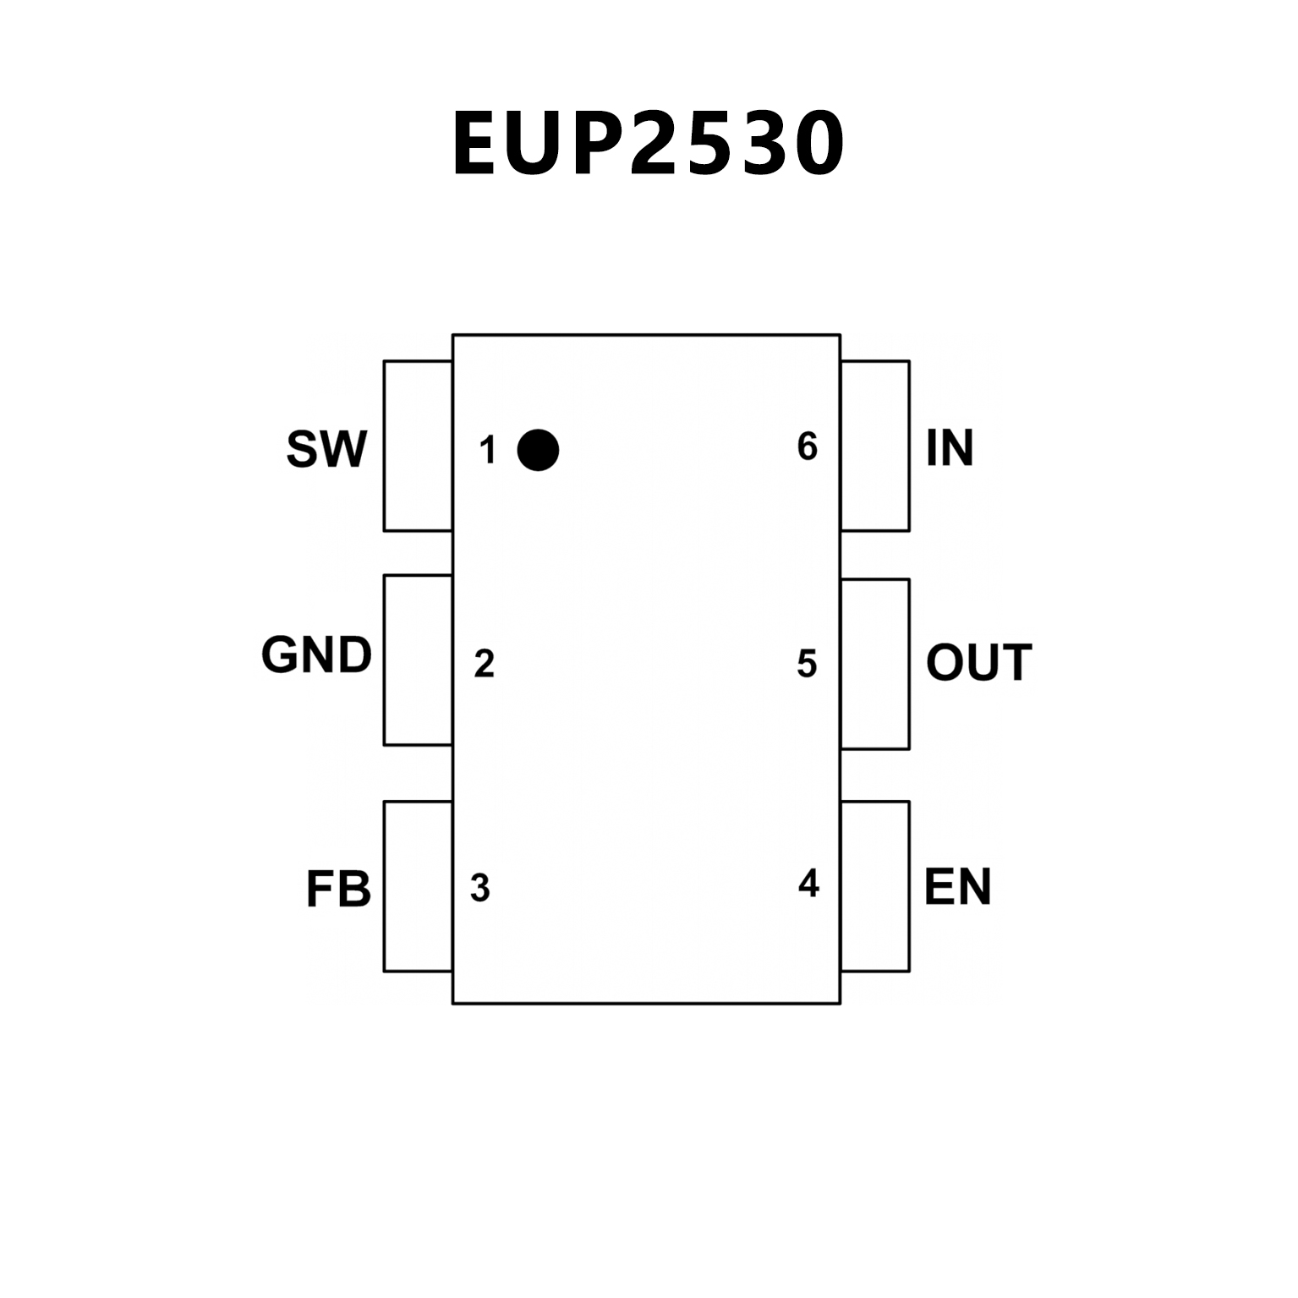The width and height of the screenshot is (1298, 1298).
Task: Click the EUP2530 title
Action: (x=649, y=144)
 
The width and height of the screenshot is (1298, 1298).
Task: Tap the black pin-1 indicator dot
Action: (x=538, y=449)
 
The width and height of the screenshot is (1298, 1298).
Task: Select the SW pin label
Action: (x=326, y=449)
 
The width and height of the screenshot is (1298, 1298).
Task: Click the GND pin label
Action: (x=316, y=655)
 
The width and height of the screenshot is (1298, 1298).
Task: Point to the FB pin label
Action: (x=338, y=890)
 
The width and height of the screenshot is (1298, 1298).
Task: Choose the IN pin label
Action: (x=950, y=448)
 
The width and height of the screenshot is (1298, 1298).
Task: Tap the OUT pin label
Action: (x=978, y=662)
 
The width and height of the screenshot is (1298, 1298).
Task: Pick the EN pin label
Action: (x=957, y=887)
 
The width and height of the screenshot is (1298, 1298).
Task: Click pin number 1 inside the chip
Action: (x=487, y=451)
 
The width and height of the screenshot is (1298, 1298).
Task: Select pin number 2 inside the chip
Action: (x=484, y=665)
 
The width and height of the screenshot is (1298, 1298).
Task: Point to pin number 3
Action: (x=480, y=889)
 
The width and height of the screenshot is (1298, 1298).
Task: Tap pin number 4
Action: (x=808, y=884)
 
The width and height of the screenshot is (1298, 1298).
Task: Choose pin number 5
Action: (x=807, y=665)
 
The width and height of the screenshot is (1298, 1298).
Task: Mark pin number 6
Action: (x=808, y=446)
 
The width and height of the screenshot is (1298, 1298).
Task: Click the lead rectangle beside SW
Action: (x=418, y=446)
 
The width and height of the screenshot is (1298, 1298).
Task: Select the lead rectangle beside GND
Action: (x=418, y=660)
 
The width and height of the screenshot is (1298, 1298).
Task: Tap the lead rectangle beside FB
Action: (x=418, y=886)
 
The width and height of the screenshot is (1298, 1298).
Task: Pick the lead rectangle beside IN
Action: (x=875, y=446)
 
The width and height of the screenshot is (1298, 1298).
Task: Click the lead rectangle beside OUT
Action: (x=875, y=664)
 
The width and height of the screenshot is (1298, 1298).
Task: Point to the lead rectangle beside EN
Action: (x=875, y=886)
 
